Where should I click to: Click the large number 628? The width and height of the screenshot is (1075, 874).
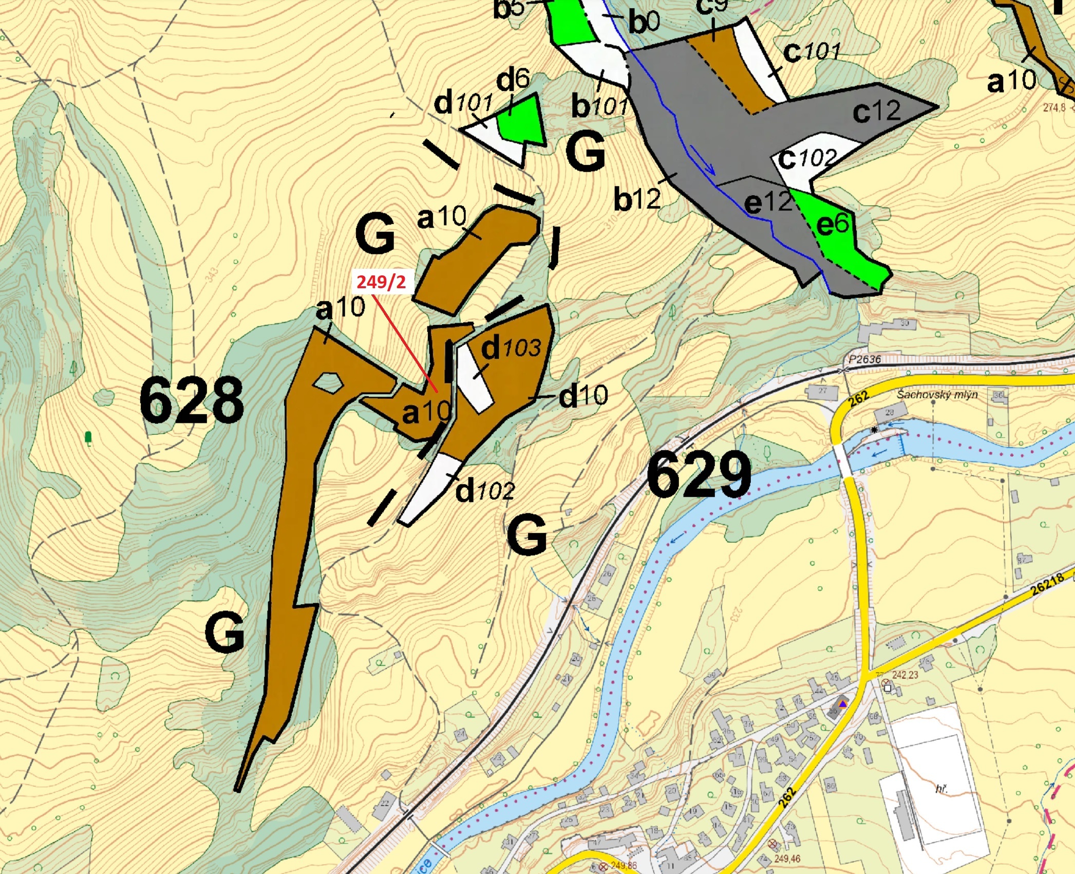tap(192, 400)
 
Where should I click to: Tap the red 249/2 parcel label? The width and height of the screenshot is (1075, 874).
tap(381, 282)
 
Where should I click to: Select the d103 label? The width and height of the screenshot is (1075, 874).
tap(511, 348)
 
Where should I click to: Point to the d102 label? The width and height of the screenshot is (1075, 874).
tap(485, 491)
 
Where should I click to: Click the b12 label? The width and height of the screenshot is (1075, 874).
tap(637, 199)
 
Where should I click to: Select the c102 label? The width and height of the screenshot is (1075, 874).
tap(807, 159)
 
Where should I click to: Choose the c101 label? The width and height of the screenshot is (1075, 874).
tap(812, 51)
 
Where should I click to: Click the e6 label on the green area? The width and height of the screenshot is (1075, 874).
tap(833, 224)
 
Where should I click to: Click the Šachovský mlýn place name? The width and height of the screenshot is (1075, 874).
tap(937, 395)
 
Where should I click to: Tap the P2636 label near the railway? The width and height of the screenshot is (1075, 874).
tap(864, 359)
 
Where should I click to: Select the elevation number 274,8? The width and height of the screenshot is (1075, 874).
tap(1054, 107)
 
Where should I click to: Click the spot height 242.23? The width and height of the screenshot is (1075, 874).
tap(904, 675)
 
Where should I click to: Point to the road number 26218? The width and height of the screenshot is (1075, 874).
tap(1048, 585)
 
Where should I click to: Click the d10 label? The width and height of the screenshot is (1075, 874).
tap(583, 396)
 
